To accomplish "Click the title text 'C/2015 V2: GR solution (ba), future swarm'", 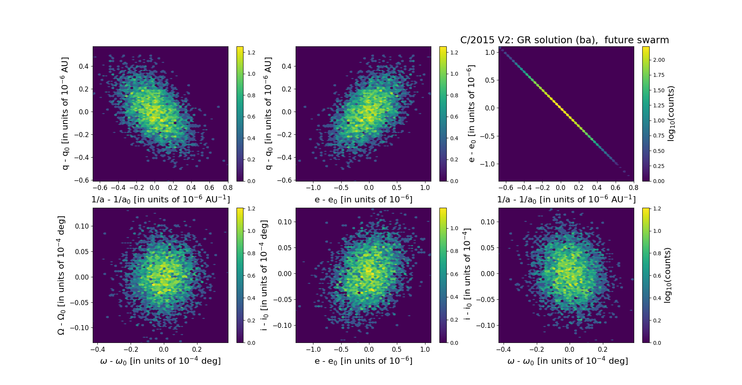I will (564, 40).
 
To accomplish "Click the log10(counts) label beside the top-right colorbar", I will (671, 114).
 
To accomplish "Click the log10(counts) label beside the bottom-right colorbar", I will (667, 275).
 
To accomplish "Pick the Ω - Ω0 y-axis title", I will (61, 275).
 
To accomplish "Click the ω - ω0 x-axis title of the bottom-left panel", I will (160, 361).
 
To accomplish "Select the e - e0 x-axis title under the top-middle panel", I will (363, 200).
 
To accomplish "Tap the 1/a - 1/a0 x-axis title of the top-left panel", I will (160, 200).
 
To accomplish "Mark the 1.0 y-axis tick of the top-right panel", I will (490, 53).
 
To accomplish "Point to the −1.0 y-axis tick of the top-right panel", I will (487, 164).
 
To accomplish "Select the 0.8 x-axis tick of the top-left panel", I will (228, 188).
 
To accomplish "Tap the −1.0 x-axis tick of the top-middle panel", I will (313, 188).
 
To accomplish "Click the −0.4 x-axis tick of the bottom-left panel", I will (98, 349).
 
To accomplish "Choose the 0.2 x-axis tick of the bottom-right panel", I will (602, 349).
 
